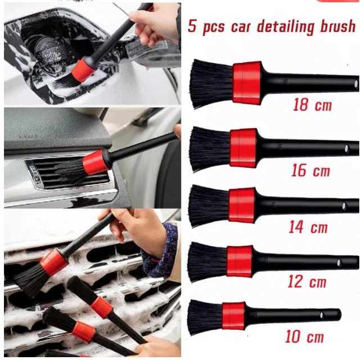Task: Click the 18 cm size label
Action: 312,104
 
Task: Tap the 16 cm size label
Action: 310,170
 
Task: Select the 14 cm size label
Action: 308,227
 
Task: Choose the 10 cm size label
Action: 304,337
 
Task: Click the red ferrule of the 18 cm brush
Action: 247,83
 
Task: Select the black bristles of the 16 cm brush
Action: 209,149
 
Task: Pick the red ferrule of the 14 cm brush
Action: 242,204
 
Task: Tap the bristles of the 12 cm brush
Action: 206,262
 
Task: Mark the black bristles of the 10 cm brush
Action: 204,317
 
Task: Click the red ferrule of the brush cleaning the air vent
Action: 95,162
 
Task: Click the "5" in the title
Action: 193,26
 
